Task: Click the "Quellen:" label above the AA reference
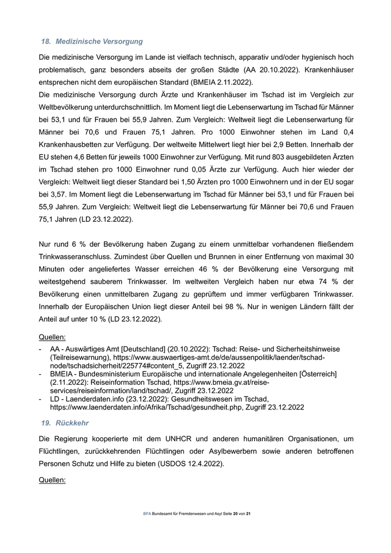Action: coord(52,337)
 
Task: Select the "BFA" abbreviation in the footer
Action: coord(147,513)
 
